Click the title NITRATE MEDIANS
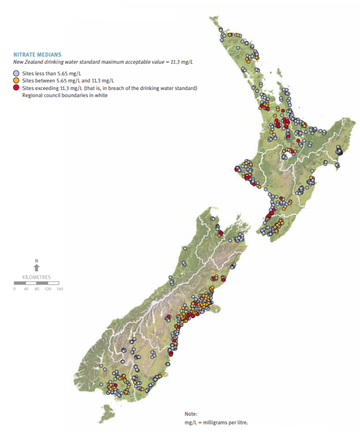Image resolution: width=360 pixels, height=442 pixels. click(x=37, y=54)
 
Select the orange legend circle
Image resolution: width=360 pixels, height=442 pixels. click(x=16, y=81)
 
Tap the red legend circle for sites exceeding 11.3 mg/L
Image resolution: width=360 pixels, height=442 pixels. click(x=16, y=88)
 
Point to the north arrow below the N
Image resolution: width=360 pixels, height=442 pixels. click(x=37, y=268)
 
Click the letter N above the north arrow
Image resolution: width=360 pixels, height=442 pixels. click(x=37, y=261)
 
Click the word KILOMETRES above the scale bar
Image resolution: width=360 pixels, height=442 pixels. click(x=36, y=277)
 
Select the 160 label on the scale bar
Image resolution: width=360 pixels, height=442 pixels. click(x=59, y=289)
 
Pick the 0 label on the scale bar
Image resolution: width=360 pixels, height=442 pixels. click(x=14, y=289)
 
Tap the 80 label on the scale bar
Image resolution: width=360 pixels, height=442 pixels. click(x=37, y=289)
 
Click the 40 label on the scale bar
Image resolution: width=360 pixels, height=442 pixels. click(x=25, y=289)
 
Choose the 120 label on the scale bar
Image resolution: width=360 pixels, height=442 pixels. click(x=48, y=289)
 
